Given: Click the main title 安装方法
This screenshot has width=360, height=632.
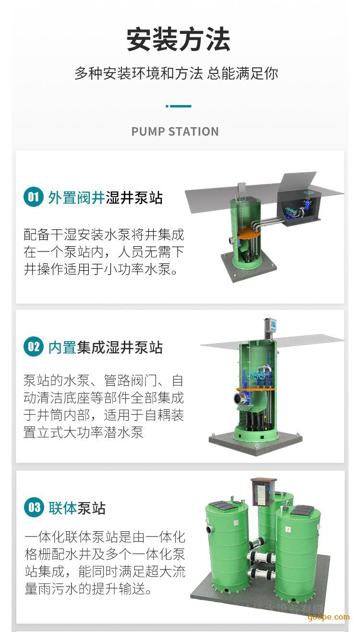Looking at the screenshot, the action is click(x=178, y=39).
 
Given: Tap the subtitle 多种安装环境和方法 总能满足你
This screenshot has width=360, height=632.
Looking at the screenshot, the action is click(x=176, y=73).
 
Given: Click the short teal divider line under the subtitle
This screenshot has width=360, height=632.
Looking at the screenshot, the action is click(x=179, y=106).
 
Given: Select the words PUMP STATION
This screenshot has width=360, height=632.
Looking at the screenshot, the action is click(x=175, y=131).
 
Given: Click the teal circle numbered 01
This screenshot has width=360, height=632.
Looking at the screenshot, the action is click(x=33, y=197).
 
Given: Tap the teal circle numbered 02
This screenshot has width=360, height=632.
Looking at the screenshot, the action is click(x=33, y=346).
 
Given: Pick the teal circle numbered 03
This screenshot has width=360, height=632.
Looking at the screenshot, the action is click(x=34, y=507).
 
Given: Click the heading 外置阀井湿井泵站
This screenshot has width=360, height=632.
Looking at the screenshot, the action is click(x=105, y=197).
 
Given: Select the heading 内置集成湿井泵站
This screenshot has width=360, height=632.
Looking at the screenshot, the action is click(x=105, y=347).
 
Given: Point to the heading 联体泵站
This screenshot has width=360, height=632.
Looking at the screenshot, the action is click(x=77, y=508).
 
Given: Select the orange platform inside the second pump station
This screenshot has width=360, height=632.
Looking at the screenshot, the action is click(x=255, y=389).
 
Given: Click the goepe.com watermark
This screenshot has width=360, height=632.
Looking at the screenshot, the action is click(x=329, y=617).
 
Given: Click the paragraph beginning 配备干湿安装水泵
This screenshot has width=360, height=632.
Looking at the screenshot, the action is click(x=104, y=252).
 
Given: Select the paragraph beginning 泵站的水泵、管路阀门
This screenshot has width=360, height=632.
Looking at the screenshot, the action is click(x=104, y=406).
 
